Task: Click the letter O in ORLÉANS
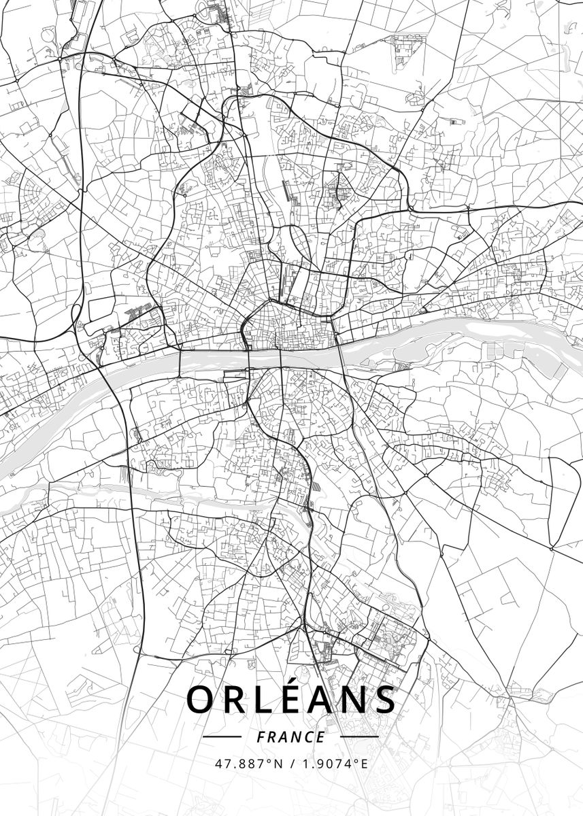(202, 700)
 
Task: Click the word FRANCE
(291, 736)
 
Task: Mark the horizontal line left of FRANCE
(222, 736)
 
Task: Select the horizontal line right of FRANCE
(359, 736)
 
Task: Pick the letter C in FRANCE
(309, 736)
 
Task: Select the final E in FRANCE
(321, 736)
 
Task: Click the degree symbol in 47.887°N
(269, 761)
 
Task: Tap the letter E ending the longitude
(364, 764)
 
